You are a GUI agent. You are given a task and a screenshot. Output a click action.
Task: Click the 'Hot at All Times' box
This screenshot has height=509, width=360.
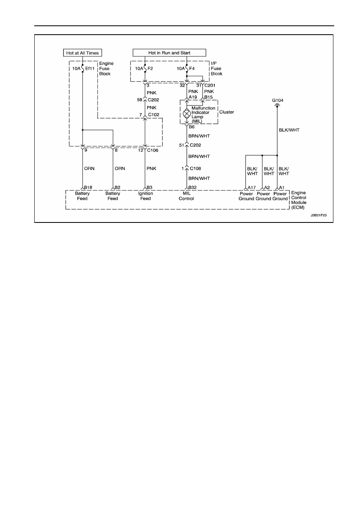83,53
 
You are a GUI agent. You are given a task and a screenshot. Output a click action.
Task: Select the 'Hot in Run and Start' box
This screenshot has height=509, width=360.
169,53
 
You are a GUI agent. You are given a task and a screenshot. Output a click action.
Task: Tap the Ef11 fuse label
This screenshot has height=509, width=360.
90,69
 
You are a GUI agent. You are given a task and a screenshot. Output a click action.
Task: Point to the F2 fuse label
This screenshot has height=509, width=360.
150,69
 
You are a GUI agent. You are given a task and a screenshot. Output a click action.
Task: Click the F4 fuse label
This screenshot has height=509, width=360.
192,69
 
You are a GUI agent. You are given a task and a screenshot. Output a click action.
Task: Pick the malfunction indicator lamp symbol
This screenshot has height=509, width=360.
187,113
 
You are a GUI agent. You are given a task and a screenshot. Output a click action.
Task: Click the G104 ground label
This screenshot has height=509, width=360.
278,100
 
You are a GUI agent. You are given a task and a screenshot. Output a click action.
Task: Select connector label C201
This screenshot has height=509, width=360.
210,85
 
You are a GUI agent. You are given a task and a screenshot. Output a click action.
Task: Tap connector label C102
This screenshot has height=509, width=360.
154,115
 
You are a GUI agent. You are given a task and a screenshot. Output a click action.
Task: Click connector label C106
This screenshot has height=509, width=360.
153,150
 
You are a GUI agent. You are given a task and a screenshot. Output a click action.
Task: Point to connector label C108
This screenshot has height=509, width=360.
196,168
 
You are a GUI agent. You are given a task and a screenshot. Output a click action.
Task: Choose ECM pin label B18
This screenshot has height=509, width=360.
88,187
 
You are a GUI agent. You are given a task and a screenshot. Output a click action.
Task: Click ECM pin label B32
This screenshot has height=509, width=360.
193,187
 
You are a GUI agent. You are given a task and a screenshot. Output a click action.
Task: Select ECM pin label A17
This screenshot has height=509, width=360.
252,188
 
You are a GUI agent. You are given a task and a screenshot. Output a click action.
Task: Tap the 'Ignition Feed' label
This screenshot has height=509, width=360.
146,196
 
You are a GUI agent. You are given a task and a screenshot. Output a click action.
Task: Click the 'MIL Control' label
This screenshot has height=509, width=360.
186,196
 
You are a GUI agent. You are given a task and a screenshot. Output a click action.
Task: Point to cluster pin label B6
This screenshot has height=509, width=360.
191,127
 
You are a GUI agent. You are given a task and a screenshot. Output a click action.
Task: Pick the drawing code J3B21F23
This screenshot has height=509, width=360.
318,215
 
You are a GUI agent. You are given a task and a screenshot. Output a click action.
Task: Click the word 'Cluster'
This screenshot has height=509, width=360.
227,112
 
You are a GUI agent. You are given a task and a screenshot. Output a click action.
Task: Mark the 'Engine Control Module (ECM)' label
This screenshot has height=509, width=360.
299,200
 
